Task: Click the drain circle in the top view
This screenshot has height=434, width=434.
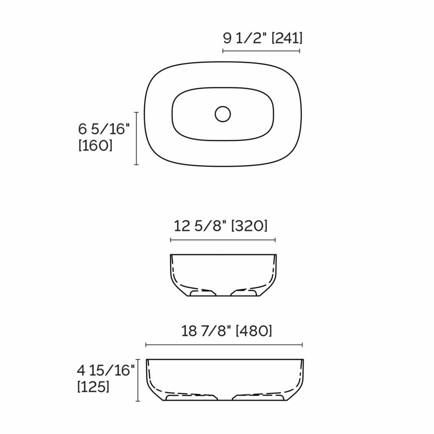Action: point(223,114)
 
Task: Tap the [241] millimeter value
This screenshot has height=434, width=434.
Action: point(287,38)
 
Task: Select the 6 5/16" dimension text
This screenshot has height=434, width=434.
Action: point(103,129)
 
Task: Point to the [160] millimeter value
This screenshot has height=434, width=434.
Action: point(96,145)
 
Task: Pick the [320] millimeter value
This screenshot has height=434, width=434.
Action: point(249,226)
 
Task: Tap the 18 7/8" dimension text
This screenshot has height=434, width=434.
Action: point(207,331)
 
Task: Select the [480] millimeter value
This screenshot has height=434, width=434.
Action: point(254,331)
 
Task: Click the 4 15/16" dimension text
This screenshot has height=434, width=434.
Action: point(106,370)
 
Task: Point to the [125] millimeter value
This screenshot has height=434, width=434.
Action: point(93,387)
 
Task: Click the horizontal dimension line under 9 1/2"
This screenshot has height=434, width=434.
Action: point(261,51)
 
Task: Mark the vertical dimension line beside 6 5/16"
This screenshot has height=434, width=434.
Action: point(136,138)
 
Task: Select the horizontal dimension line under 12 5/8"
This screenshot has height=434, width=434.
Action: point(223,240)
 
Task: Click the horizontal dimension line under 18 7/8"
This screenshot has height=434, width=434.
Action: point(224,345)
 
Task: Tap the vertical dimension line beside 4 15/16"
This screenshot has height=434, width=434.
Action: point(138,379)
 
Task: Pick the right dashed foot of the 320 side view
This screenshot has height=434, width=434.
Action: point(244,292)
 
